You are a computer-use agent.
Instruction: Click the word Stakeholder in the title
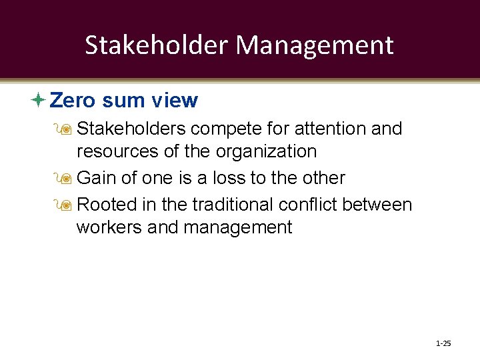[x=157, y=45]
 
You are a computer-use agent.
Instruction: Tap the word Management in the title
[x=315, y=45]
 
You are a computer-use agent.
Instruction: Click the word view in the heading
[x=175, y=101]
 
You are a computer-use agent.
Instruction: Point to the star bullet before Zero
[x=39, y=101]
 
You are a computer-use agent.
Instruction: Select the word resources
[x=117, y=151]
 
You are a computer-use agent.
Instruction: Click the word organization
[x=265, y=152]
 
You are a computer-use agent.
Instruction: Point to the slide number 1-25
[x=443, y=344]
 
